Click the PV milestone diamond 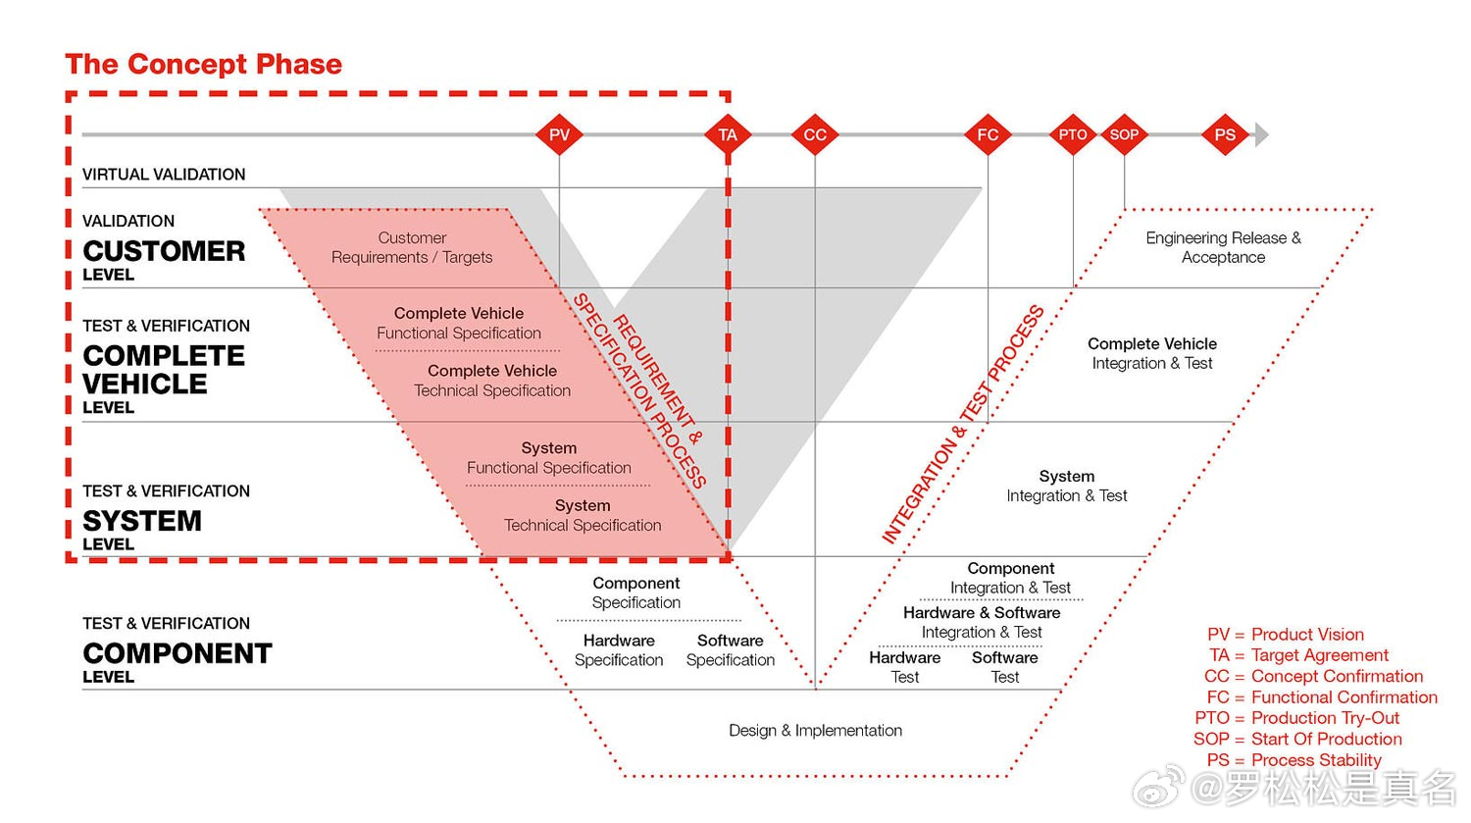point(559,134)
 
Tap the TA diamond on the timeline point(728,134)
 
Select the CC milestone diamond point(815,134)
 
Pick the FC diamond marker point(988,134)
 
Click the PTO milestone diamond point(1073,134)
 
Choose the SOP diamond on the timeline point(1124,134)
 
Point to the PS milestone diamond point(1225,134)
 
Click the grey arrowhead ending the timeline point(1261,134)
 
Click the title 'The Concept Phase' point(204,64)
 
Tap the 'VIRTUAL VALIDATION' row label point(164,174)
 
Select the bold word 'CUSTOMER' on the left point(164,251)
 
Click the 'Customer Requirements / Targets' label point(412,247)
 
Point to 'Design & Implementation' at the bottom point(816,731)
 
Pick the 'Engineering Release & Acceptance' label point(1224,247)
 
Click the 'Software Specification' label point(731,650)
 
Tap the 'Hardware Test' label point(905,667)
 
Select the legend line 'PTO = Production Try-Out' point(1297,718)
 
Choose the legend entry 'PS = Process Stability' point(1294,760)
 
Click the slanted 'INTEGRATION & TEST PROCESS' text point(963,425)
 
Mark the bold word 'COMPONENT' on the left point(178,653)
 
